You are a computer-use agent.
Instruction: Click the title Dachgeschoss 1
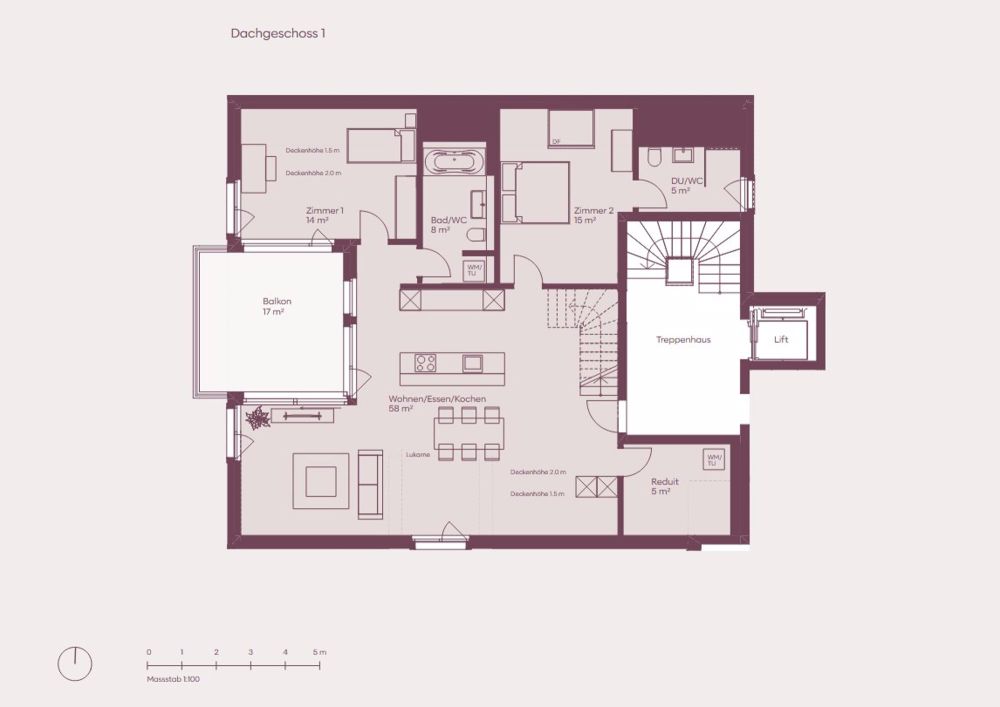pos(278,33)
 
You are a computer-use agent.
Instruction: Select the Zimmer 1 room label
pos(325,215)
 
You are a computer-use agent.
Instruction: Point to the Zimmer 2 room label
pos(593,215)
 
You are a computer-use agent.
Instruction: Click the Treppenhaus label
pos(683,340)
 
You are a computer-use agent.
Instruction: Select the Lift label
pos(781,340)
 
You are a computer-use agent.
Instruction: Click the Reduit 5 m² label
pos(660,487)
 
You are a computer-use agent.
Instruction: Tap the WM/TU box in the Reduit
pos(712,460)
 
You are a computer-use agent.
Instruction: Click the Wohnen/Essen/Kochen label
pos(437,403)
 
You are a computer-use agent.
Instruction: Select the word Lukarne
pos(418,454)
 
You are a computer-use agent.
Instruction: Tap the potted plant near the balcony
pos(258,417)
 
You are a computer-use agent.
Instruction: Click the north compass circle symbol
pos(74,663)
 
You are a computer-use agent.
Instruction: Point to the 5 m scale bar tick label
pos(318,652)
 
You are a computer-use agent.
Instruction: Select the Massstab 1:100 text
pos(173,679)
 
